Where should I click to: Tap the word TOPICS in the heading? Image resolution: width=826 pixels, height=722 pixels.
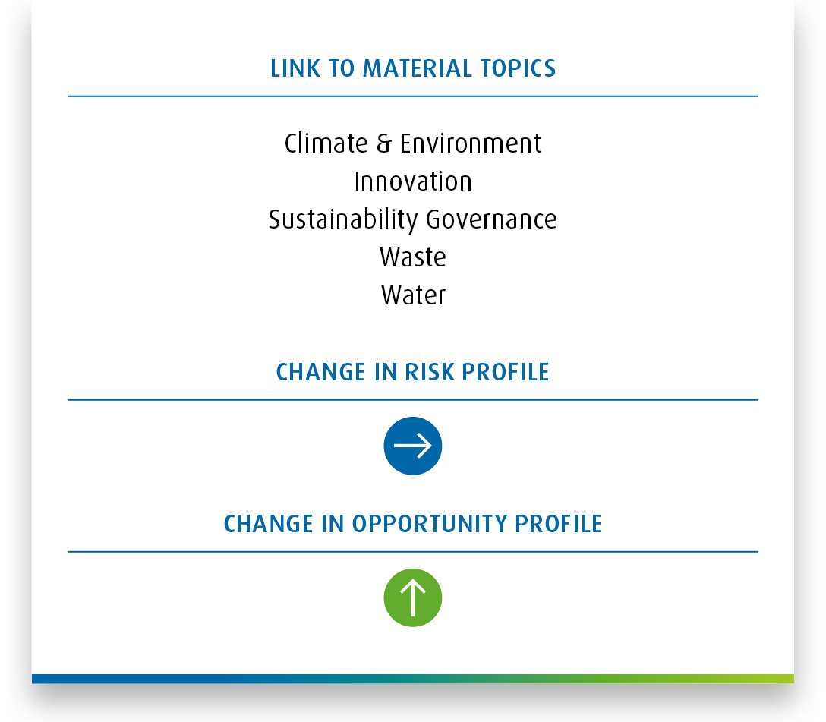click(519, 68)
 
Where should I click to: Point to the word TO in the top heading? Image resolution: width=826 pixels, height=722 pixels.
click(342, 68)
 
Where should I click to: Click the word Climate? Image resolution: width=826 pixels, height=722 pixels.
click(326, 143)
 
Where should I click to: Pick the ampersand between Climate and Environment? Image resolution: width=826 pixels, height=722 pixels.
click(384, 143)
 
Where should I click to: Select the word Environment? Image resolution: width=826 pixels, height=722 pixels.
click(471, 143)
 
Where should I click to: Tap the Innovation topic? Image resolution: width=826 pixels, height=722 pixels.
click(413, 181)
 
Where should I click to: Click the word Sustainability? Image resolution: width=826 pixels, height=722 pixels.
click(343, 219)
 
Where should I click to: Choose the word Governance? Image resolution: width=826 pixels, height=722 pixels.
click(491, 219)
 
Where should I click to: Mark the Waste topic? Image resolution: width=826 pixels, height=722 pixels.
click(413, 257)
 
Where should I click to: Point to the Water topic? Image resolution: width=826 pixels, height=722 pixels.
click(413, 295)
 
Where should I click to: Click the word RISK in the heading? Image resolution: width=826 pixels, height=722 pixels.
click(430, 372)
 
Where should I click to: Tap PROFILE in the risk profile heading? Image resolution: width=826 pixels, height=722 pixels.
click(506, 372)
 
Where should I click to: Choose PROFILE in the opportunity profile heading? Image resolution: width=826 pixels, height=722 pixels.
click(559, 524)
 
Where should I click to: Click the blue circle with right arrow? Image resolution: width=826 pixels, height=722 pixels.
click(413, 446)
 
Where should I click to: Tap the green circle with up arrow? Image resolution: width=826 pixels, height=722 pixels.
click(413, 597)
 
